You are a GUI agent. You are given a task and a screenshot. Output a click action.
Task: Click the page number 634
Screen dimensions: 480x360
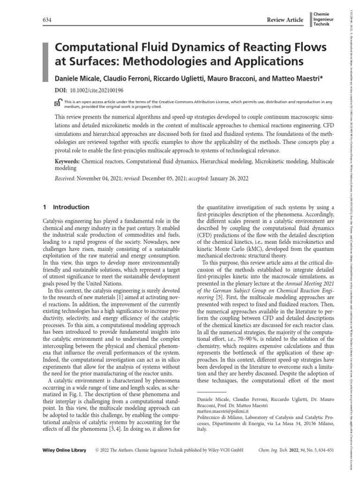[x=47, y=19]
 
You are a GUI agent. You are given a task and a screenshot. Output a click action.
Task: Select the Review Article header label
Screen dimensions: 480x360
[x=284, y=19]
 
